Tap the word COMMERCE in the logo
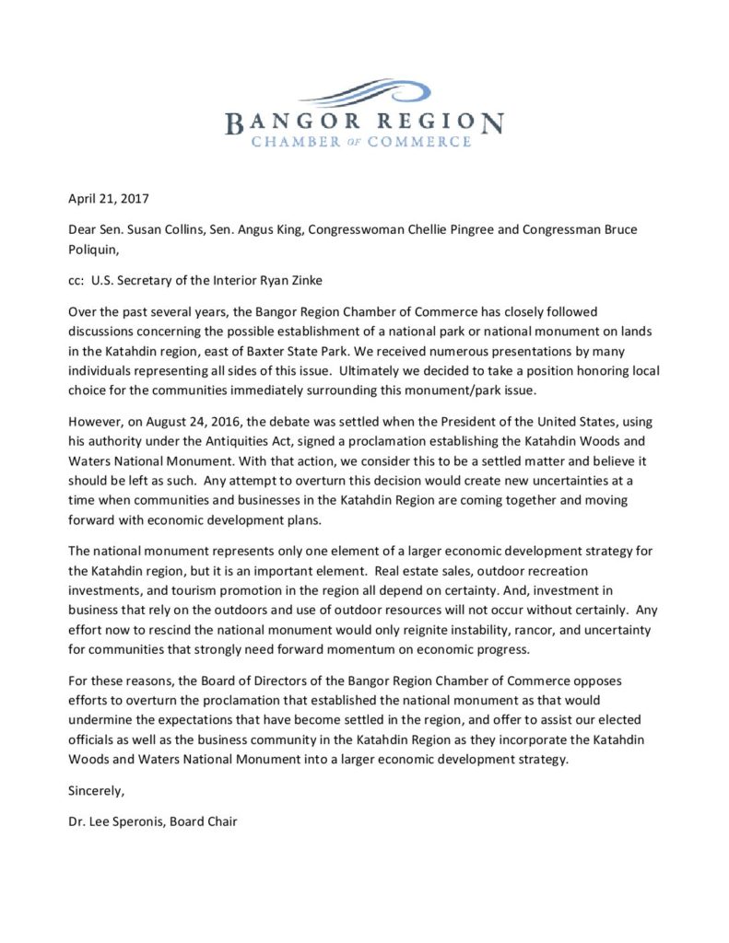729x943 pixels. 427,142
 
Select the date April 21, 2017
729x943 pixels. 113,197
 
